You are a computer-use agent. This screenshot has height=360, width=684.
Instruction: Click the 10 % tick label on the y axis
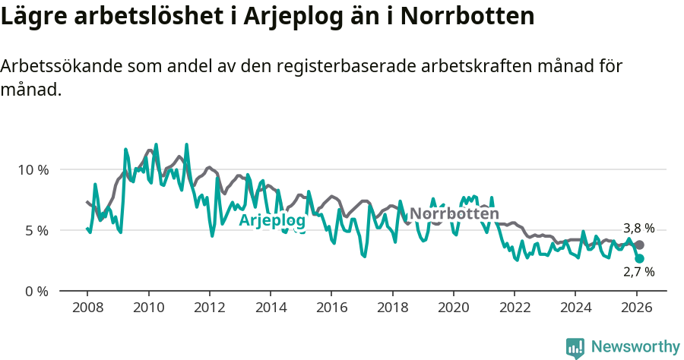[x=33, y=169]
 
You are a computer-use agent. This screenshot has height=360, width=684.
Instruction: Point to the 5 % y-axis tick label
[x=36, y=230]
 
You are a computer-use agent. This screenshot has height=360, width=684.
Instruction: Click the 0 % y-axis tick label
[x=36, y=291]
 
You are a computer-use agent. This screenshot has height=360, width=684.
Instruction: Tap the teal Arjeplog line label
[x=272, y=221]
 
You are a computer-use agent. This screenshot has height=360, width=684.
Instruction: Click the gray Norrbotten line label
[x=454, y=214]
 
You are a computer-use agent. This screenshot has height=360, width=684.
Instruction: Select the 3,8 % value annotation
[x=638, y=228]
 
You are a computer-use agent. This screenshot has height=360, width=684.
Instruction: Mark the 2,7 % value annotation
[x=638, y=271]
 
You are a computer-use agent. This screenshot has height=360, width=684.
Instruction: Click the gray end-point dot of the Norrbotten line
[x=640, y=245]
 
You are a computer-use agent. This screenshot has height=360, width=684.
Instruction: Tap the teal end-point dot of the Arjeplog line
[x=640, y=258]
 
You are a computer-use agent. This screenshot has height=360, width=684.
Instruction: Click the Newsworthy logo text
[x=635, y=347]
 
